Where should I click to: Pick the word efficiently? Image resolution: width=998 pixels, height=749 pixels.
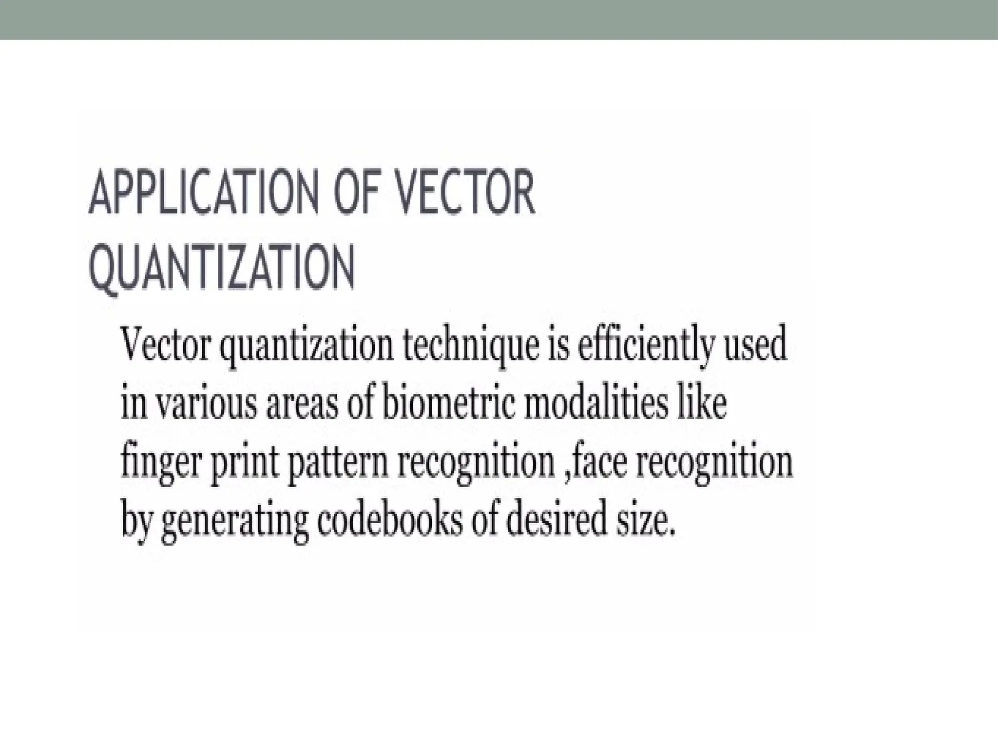click(639, 345)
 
